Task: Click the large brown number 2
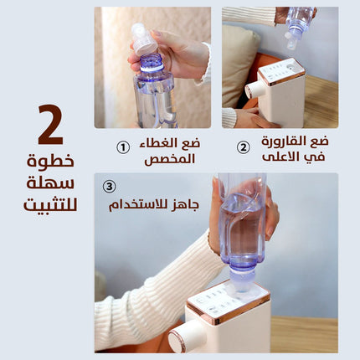click(51, 125)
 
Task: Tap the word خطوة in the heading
click(50, 161)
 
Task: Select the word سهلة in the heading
click(50, 183)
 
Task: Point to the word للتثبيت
click(50, 204)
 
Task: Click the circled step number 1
click(123, 147)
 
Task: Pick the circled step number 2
click(244, 147)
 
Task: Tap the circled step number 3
click(109, 187)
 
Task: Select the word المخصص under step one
click(170, 159)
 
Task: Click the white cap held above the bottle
click(144, 39)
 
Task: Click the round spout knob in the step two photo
click(254, 89)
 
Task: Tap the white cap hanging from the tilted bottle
click(291, 41)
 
